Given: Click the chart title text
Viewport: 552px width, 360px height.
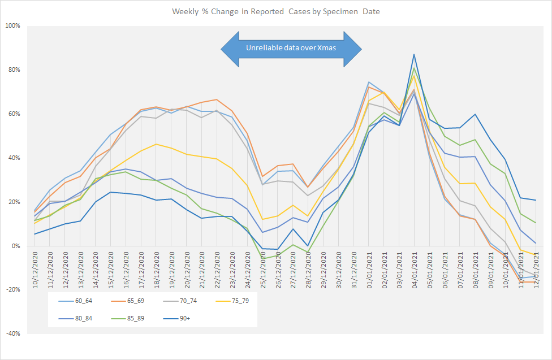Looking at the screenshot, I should pos(277,12).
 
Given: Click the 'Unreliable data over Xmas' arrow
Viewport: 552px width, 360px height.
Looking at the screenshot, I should pos(291,48).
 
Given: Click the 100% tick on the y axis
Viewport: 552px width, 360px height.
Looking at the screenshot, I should pos(13,26).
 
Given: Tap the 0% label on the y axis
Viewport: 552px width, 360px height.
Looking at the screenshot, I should pos(16,246).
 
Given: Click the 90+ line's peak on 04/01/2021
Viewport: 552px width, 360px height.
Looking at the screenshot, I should pos(414,54).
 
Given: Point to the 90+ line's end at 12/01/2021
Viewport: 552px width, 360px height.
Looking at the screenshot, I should pos(536,200).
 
